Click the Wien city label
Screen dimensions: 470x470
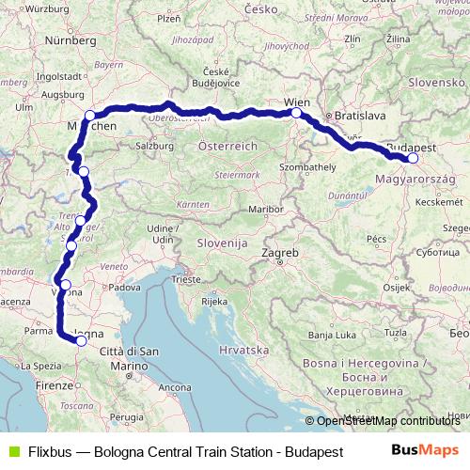coord(296,101)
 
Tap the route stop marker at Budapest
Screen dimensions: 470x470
coord(413,158)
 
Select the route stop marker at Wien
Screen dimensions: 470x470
coord(296,114)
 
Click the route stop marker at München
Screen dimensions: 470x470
coord(90,116)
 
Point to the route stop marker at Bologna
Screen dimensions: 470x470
coord(82,341)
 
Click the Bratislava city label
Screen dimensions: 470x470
coord(348,115)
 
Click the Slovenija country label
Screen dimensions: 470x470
coord(221,243)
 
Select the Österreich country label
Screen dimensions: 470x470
coord(227,147)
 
